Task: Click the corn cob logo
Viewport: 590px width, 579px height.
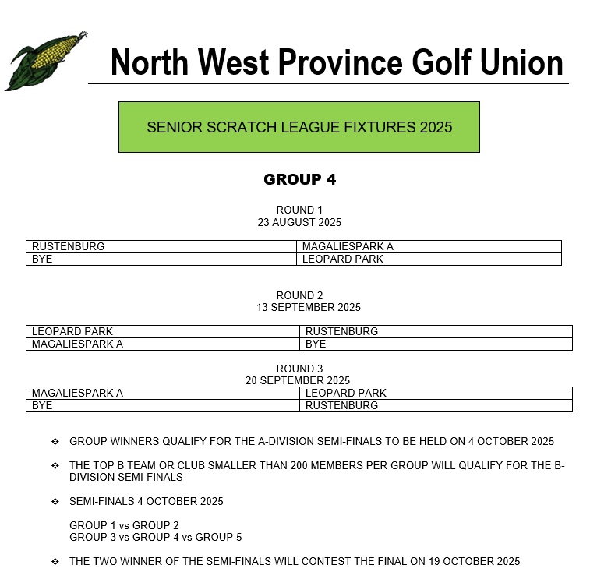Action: click(43, 61)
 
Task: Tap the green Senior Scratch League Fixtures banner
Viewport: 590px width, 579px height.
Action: click(299, 127)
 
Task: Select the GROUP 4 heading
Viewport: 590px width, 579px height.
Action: click(299, 179)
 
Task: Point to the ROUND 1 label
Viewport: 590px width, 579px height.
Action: click(299, 210)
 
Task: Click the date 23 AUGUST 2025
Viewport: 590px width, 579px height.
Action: click(299, 222)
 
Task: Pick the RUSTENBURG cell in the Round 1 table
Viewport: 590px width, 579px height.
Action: click(69, 246)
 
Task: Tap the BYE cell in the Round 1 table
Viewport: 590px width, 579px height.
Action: click(42, 259)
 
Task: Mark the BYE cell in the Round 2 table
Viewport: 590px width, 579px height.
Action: click(316, 344)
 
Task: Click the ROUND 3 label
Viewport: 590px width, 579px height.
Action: click(299, 369)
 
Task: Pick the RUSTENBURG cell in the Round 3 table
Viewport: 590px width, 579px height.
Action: click(341, 405)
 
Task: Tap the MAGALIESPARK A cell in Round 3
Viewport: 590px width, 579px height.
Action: click(77, 393)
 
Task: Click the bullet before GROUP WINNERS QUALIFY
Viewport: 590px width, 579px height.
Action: click(55, 441)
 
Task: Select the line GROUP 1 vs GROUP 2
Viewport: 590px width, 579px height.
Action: click(124, 525)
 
